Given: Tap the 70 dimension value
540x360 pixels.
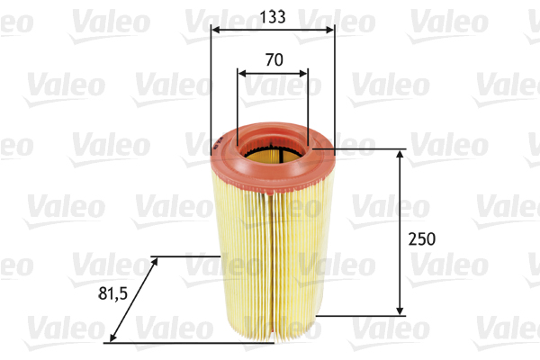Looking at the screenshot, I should pyautogui.click(x=274, y=60).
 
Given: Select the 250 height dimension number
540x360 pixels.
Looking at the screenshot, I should pyautogui.click(x=421, y=239).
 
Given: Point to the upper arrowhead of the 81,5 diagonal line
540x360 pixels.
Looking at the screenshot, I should pyautogui.click(x=155, y=260).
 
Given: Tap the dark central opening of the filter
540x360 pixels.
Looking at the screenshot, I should pyautogui.click(x=272, y=155).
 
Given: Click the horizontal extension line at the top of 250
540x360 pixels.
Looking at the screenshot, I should pyautogui.click(x=369, y=149).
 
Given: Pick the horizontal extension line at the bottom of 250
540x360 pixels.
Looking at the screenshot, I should pyautogui.click(x=360, y=315).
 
